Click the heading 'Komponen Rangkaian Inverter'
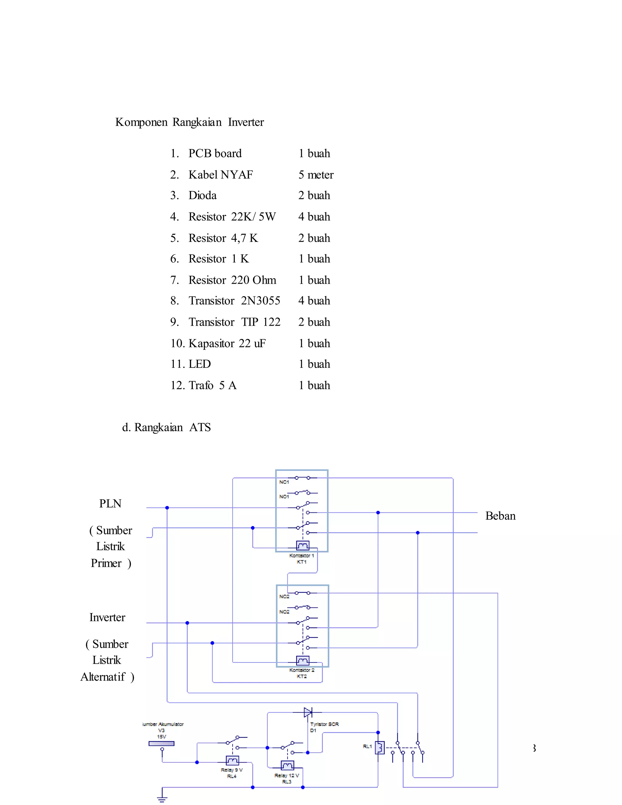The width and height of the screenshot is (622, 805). pos(190,122)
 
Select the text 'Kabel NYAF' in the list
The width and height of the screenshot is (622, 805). pos(220,174)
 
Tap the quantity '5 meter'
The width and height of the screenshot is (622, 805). pos(316,174)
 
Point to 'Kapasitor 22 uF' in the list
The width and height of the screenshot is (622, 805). pos(227,343)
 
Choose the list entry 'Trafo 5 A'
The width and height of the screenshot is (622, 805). pos(212,385)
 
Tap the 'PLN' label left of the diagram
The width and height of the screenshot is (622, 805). pos(110,503)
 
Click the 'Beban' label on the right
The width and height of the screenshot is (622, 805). pos(500,516)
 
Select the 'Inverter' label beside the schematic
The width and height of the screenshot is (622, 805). pos(107,617)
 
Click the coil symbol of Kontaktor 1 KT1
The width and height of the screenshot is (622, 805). pos(302,545)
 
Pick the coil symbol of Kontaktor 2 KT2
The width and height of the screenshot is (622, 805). pos(302,660)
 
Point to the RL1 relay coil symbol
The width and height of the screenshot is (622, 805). pos(380,748)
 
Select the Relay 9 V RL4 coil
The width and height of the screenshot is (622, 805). pos(232,760)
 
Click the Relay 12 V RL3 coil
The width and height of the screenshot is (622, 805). pos(287,765)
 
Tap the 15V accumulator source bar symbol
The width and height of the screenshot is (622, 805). pos(161,743)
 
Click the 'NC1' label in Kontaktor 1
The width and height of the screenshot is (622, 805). pos(284,482)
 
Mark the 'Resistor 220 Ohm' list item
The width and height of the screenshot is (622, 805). pos(232,280)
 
